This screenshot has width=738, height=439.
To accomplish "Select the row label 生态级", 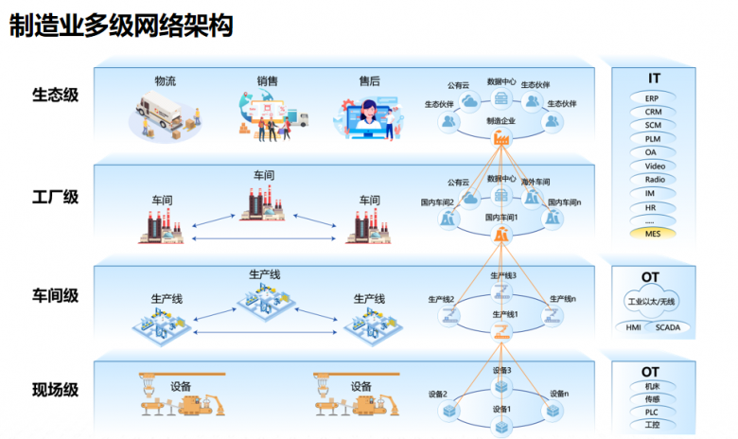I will [56, 95].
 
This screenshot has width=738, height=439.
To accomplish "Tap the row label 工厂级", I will [56, 197].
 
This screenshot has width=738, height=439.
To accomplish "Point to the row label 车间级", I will [56, 295].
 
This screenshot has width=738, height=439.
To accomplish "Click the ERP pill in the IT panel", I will [653, 97].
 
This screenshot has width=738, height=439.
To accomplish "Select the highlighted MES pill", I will [653, 233].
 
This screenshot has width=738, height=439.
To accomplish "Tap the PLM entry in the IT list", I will [653, 138].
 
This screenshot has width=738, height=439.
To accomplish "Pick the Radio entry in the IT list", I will [653, 179].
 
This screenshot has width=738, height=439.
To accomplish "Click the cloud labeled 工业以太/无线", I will [654, 302].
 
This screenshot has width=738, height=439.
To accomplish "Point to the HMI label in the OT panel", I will [633, 328].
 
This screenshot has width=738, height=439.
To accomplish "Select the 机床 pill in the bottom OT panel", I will [653, 386].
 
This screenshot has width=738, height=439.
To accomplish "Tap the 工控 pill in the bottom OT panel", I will [653, 425].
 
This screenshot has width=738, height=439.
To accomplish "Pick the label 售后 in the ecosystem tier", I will [368, 81].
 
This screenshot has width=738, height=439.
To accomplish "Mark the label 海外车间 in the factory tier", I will [536, 181].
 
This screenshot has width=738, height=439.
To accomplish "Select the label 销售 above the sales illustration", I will [267, 81].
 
